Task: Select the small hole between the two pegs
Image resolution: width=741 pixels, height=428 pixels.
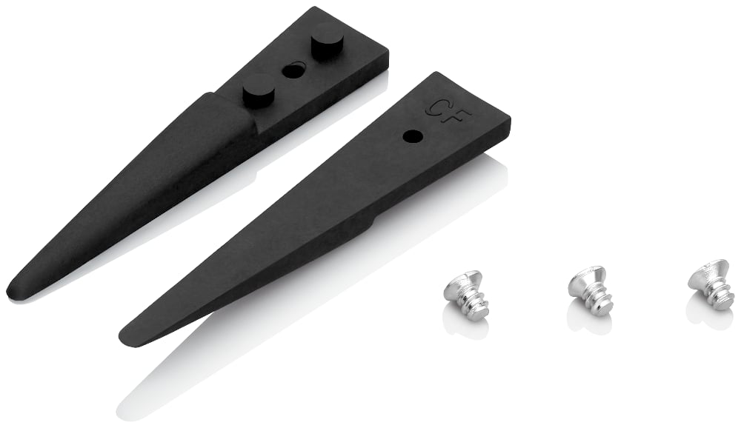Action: (293, 70)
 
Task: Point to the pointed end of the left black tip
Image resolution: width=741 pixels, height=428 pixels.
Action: (10, 287)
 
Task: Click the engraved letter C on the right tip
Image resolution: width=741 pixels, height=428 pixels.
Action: (433, 107)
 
